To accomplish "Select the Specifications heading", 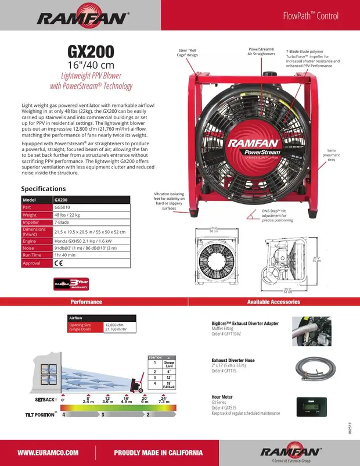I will [44, 189].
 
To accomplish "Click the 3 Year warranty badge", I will [71, 283].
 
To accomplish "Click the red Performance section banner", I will [86, 302].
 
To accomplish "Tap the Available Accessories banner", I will [273, 302].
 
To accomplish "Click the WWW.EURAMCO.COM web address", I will [48, 452].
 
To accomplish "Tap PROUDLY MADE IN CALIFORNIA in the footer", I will [158, 452].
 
